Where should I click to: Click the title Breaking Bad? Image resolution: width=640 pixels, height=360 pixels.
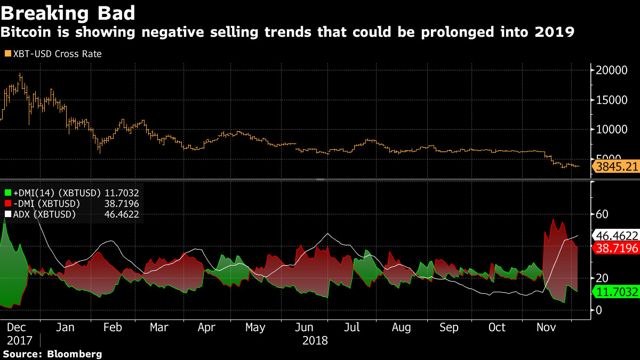coord(67,12)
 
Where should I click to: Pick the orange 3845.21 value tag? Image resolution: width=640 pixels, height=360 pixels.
coord(617,167)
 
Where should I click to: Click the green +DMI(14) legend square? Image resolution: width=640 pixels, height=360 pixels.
coord(7,193)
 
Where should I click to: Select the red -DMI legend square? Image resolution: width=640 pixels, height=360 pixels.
coord(7,204)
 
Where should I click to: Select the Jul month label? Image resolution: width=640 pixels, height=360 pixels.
coord(351,327)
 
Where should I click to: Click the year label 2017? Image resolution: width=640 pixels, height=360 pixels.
coord(19,340)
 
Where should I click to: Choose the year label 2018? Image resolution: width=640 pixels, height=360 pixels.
coord(315,340)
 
